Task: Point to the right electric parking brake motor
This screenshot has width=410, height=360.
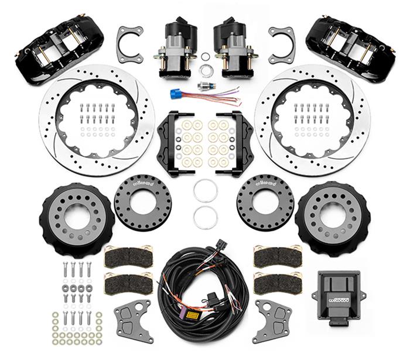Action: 233,46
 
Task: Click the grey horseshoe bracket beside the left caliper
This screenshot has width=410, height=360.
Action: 130,44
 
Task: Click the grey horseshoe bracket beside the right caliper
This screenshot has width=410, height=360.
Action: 281,44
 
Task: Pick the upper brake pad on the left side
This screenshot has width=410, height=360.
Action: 128,256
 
